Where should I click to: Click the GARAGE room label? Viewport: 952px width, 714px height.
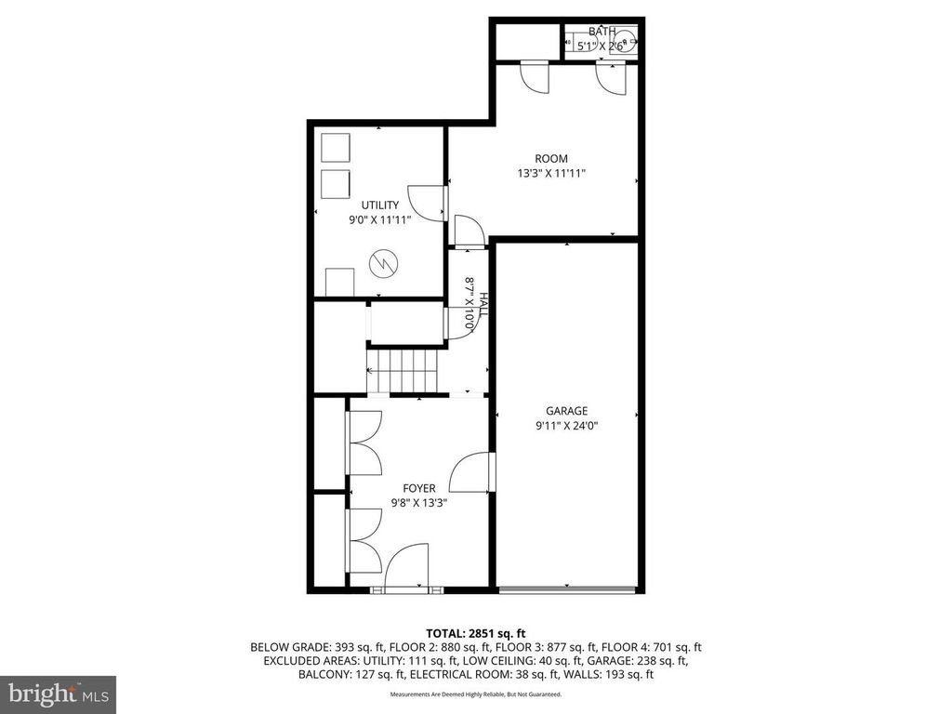coord(566,411)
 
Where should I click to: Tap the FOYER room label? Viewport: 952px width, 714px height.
coord(418,488)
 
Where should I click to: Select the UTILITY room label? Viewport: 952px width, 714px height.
coord(380,205)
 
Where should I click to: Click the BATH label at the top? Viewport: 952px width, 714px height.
coord(601,33)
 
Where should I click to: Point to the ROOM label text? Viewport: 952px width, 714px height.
coord(551,159)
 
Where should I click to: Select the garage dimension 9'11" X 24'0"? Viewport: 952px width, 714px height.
coord(566,427)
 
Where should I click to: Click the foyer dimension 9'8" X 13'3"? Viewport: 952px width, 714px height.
coord(418,503)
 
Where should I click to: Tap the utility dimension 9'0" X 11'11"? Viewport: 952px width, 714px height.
coord(379,220)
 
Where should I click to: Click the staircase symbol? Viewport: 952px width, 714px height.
coord(402,371)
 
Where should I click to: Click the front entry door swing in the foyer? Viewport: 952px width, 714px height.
coord(406,568)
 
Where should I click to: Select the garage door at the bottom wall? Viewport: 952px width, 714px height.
coord(566,588)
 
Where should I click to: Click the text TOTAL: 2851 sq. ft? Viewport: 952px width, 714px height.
coord(475,633)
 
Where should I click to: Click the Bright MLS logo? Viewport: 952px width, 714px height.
coord(58,694)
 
